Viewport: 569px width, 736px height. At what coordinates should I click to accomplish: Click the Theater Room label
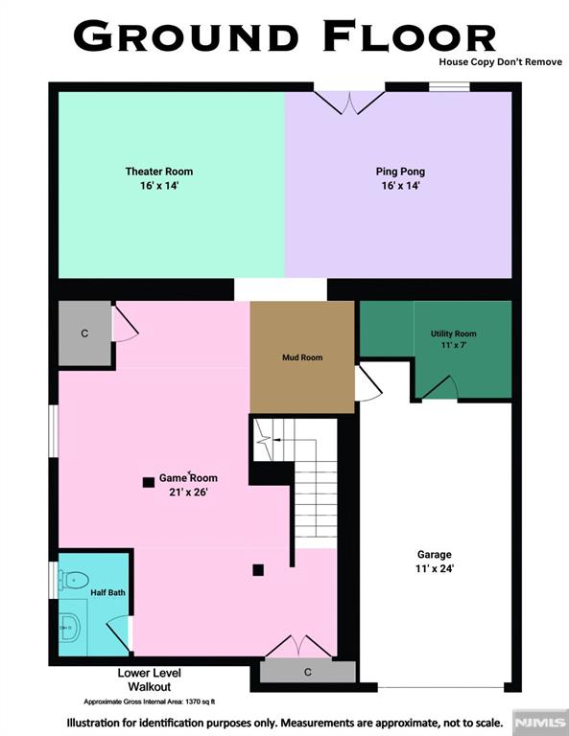pyautogui.click(x=158, y=172)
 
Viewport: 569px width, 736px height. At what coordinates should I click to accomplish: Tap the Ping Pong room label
pyautogui.click(x=399, y=172)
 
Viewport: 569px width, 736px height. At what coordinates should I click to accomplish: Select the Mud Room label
pyautogui.click(x=301, y=357)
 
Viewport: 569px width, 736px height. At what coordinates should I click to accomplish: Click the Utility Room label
pyautogui.click(x=453, y=333)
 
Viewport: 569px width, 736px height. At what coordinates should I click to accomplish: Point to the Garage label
pyautogui.click(x=434, y=554)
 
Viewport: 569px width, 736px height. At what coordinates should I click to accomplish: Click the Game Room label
pyautogui.click(x=188, y=478)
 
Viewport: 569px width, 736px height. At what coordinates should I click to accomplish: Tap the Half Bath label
pyautogui.click(x=107, y=592)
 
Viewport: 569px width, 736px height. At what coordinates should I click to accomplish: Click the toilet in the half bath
pyautogui.click(x=73, y=579)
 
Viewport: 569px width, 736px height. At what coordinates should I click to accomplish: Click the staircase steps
pyautogui.click(x=316, y=498)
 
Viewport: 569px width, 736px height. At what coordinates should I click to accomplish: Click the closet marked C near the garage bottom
pyautogui.click(x=307, y=672)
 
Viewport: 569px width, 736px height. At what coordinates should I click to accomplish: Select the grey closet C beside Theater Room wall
pyautogui.click(x=84, y=333)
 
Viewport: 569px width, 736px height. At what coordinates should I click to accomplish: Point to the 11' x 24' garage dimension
pyautogui.click(x=434, y=568)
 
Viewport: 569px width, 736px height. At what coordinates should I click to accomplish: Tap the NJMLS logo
pyautogui.click(x=535, y=721)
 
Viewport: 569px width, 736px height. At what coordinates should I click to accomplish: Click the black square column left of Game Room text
pyautogui.click(x=148, y=482)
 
